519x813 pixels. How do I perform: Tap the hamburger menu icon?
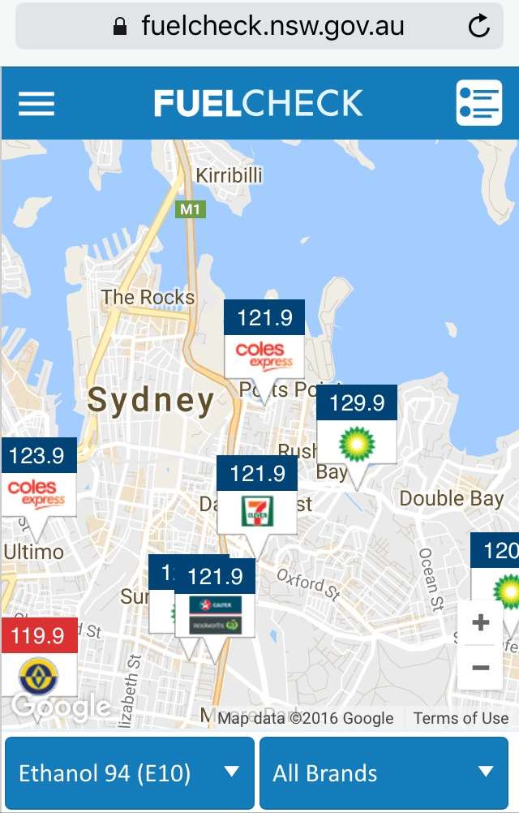(x=36, y=103)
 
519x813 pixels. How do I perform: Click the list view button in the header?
(x=478, y=103)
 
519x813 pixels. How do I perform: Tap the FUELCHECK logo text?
(x=259, y=103)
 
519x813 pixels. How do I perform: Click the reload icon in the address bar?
(x=479, y=27)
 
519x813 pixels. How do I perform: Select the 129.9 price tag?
(x=357, y=402)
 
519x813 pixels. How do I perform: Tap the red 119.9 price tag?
(x=39, y=635)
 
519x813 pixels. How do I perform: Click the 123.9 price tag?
(x=38, y=455)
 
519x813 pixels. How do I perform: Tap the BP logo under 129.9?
(x=357, y=441)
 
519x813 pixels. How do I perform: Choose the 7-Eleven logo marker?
(x=257, y=511)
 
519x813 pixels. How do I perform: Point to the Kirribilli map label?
(x=229, y=175)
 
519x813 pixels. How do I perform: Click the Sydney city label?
(x=151, y=400)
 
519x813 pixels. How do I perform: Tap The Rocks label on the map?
(x=148, y=298)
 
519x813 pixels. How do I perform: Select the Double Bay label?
(x=452, y=498)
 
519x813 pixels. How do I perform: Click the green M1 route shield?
(x=190, y=209)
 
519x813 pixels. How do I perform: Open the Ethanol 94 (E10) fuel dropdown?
(x=130, y=772)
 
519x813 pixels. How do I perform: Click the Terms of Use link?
(x=461, y=717)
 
